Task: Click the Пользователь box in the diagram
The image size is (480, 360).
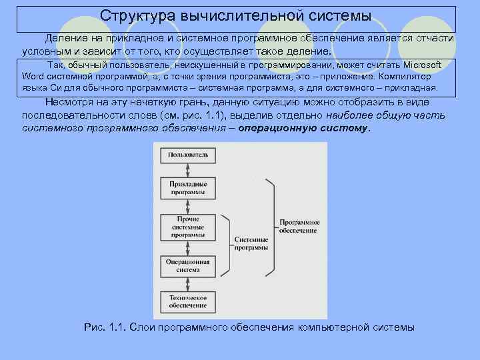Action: pyautogui.click(x=188, y=155)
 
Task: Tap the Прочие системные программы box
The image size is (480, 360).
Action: pyautogui.click(x=188, y=227)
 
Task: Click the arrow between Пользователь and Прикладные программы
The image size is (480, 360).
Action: pyautogui.click(x=188, y=170)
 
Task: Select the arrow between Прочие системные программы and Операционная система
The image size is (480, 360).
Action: pyautogui.click(x=188, y=247)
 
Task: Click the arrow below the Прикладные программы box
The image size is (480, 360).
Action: pyautogui.click(x=188, y=206)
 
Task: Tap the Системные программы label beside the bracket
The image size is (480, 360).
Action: pyautogui.click(x=251, y=243)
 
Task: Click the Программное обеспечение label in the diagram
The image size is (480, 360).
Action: pyautogui.click(x=299, y=226)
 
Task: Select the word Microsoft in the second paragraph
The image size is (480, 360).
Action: pyautogui.click(x=418, y=65)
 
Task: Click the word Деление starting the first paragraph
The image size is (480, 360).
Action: pyautogui.click(x=63, y=39)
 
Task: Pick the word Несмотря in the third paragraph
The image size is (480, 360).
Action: pyautogui.click(x=67, y=102)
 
